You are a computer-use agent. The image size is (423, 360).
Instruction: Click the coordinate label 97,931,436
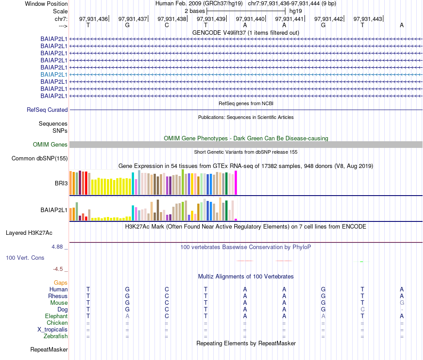(94, 19)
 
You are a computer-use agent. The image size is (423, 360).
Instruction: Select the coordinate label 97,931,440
(250, 19)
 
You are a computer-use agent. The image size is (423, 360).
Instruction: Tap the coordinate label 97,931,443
(368, 19)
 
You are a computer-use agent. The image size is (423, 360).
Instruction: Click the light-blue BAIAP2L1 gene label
(54, 74)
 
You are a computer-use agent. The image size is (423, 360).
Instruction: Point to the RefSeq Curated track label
(47, 110)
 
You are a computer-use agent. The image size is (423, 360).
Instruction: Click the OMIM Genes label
(50, 144)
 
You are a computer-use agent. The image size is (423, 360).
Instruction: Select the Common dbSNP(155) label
(40, 158)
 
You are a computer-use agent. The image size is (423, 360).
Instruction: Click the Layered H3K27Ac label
(29, 233)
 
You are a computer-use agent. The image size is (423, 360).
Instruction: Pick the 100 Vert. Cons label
(25, 258)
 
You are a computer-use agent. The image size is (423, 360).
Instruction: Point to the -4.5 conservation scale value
(60, 269)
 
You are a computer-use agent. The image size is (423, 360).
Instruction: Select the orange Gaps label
(61, 282)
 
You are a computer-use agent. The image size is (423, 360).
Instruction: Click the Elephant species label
(57, 316)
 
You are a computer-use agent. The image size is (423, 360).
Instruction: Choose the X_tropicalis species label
(53, 329)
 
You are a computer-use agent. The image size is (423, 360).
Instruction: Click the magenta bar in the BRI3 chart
(236, 183)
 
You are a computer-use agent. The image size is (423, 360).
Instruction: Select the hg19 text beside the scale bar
(296, 10)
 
